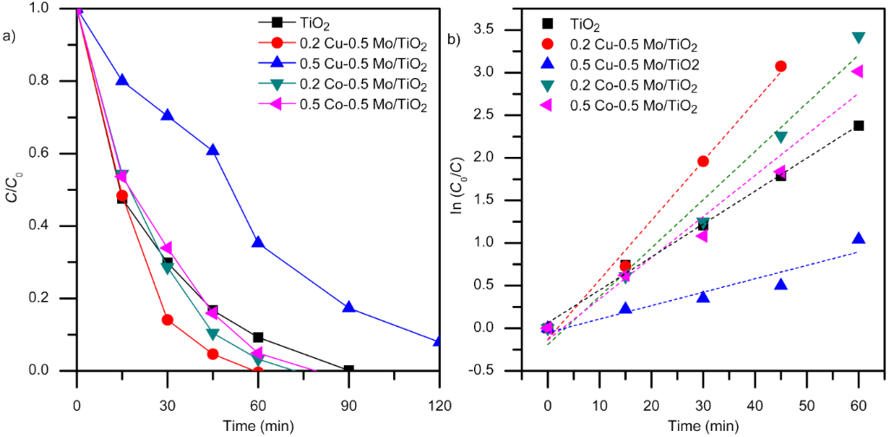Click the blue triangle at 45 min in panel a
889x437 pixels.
tap(213, 150)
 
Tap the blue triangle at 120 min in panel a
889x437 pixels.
tap(438, 342)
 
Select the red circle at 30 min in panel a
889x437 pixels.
tap(168, 320)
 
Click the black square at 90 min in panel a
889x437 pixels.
tap(348, 370)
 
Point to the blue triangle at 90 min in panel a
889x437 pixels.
tap(348, 307)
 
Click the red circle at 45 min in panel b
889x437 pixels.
tap(780, 66)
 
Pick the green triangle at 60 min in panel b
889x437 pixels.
tap(859, 37)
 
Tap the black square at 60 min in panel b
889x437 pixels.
tap(859, 126)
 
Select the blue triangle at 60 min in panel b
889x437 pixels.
tap(859, 238)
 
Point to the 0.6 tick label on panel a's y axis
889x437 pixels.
tap(55, 153)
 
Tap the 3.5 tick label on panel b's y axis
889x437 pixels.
tap(509, 29)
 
